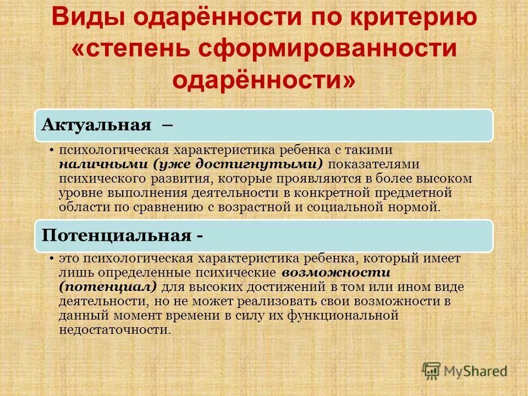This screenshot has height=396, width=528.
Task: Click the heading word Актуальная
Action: pos(97,125)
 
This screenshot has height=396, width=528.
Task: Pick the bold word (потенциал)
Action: pos(108,287)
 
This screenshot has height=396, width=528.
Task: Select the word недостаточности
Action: pos(114,329)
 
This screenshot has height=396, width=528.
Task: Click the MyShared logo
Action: pos(465,371)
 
